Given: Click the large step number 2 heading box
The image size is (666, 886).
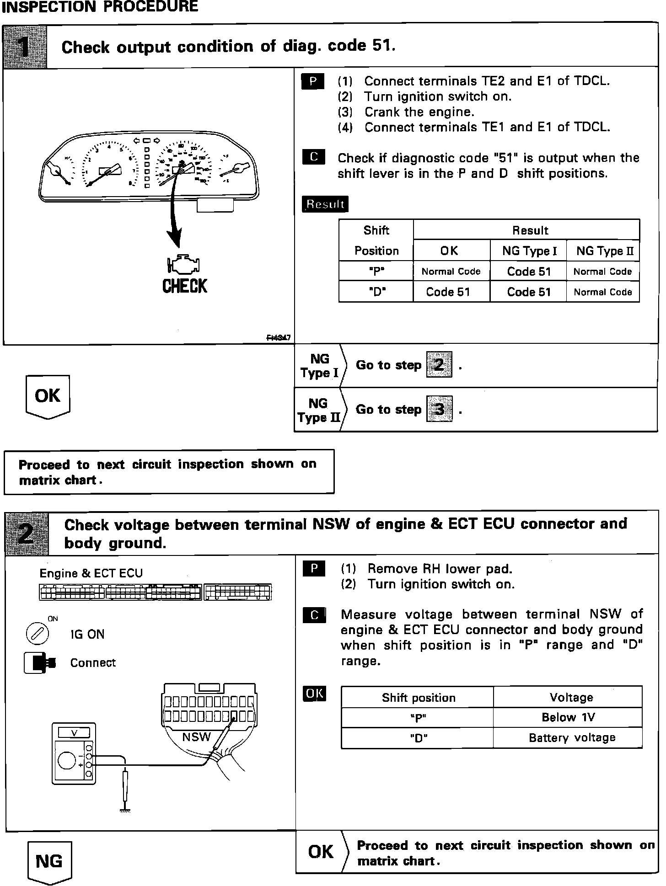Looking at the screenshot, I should tap(27, 533).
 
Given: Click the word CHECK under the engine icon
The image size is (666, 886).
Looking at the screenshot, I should tap(185, 286).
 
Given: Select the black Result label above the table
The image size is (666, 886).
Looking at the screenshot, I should tap(325, 204).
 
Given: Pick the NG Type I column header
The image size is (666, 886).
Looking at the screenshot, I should tap(529, 251).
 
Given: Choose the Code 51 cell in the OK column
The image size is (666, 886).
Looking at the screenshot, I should tap(448, 292).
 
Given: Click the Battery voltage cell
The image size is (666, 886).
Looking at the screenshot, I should tap(572, 737).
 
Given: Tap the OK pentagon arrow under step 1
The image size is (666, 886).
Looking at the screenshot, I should tap(48, 396).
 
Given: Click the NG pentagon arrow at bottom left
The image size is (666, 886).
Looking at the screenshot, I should tap(49, 861).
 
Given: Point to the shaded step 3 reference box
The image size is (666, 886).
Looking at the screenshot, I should tap(439, 409).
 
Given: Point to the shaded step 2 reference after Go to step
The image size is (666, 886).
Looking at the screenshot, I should tap(439, 364).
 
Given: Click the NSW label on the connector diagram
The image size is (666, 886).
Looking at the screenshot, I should tap(196, 737).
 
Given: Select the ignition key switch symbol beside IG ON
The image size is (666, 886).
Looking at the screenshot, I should tap(38, 634).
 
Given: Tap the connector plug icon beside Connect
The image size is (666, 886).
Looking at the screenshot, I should tap(40, 662).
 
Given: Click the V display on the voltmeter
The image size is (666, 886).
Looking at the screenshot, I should tap(74, 733).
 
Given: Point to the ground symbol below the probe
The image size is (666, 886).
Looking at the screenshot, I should tap(125, 810).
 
